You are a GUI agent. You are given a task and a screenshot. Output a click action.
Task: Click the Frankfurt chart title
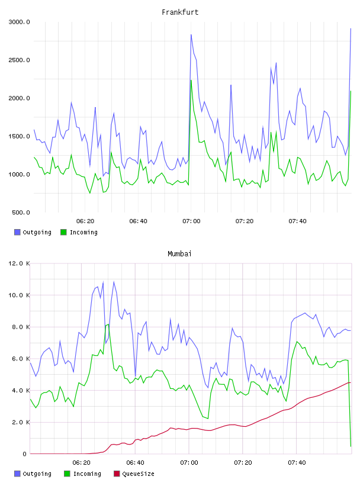(x=180, y=12)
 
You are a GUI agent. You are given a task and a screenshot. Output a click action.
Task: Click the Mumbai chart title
(x=179, y=254)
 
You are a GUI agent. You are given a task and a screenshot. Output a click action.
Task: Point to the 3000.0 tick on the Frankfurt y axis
(x=19, y=22)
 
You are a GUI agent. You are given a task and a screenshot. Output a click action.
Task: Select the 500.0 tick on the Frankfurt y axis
(x=21, y=212)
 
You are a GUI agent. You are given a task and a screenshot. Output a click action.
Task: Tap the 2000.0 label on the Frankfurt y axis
(x=19, y=98)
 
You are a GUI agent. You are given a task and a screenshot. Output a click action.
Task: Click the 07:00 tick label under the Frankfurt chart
(x=191, y=221)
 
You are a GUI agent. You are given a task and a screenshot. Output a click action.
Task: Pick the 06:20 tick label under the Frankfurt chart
(x=85, y=221)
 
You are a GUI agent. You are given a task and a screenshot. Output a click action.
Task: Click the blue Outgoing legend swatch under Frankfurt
(x=17, y=232)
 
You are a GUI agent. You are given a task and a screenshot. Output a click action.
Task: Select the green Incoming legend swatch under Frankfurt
(x=63, y=232)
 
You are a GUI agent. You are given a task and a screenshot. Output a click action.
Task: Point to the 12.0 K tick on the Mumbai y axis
(x=19, y=263)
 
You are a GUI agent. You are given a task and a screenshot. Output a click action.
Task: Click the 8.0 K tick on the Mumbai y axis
(x=21, y=327)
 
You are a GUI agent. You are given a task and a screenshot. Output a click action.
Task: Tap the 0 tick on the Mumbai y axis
(x=25, y=454)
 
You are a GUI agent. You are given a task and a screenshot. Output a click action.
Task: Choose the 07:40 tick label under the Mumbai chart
(x=297, y=463)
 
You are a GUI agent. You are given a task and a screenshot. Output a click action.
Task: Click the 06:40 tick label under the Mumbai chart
(x=135, y=463)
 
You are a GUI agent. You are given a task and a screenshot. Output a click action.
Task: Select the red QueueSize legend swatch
(x=117, y=474)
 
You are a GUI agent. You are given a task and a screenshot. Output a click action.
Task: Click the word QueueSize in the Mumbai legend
(x=138, y=474)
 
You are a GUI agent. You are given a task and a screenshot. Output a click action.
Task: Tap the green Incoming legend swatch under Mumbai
(x=67, y=474)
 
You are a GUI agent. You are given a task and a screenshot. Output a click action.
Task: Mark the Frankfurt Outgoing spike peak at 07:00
(x=191, y=34)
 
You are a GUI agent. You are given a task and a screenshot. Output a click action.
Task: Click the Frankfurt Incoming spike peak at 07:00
(x=191, y=80)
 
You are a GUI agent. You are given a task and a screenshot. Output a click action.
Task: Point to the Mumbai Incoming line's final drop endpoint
(x=351, y=446)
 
